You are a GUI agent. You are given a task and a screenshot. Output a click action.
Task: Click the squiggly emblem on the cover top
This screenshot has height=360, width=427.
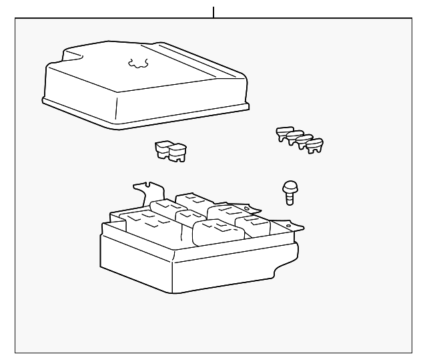coord(138,64)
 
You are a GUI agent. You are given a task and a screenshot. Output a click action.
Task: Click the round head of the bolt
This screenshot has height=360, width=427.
coord(290,188)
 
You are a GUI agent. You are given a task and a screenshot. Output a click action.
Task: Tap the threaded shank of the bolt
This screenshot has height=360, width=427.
coord(289,198)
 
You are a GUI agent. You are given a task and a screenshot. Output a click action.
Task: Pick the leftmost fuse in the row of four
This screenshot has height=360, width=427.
coord(283,133)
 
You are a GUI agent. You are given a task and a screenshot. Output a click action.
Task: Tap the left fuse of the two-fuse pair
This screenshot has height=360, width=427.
coord(163,149)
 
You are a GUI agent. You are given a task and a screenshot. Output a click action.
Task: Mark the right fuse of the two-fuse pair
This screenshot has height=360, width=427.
coord(177,153)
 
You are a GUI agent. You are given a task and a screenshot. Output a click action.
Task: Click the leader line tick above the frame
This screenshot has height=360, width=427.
coord(213,12)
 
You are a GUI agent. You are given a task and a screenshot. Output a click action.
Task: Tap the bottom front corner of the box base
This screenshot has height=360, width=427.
coord(172,292)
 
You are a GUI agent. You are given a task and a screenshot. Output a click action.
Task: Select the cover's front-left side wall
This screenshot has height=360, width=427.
coord(77,94)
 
